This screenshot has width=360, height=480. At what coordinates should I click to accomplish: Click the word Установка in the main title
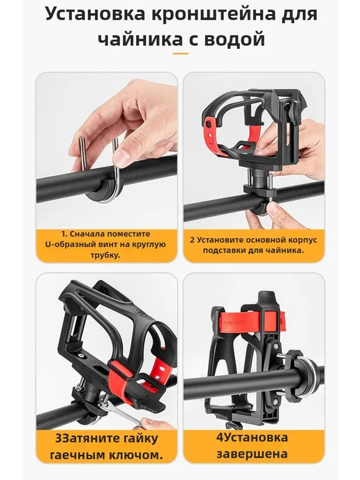coord(95,14)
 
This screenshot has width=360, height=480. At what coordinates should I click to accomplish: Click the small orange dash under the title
coord(180,54)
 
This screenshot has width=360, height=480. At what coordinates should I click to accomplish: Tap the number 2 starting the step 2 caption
coord(193,240)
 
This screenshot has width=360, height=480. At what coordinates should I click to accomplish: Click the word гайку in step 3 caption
coord(140,439)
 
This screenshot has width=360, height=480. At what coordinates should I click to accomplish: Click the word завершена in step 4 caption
coord(252,454)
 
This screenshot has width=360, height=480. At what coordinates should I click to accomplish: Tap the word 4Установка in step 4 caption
coord(252,437)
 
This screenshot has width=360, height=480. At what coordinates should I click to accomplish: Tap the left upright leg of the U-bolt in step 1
coord(82,155)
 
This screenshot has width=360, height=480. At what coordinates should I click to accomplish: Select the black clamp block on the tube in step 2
coord(260,193)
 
